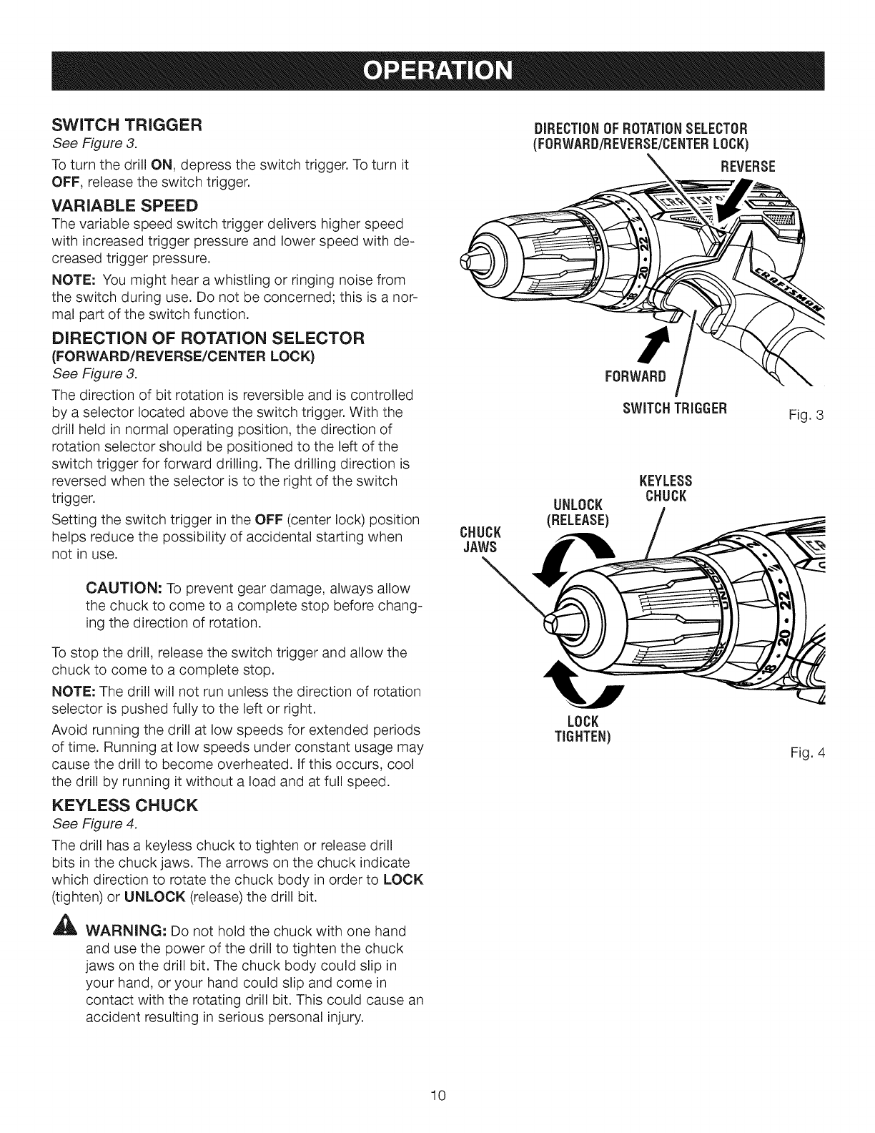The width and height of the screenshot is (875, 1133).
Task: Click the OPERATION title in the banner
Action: tap(437, 72)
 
